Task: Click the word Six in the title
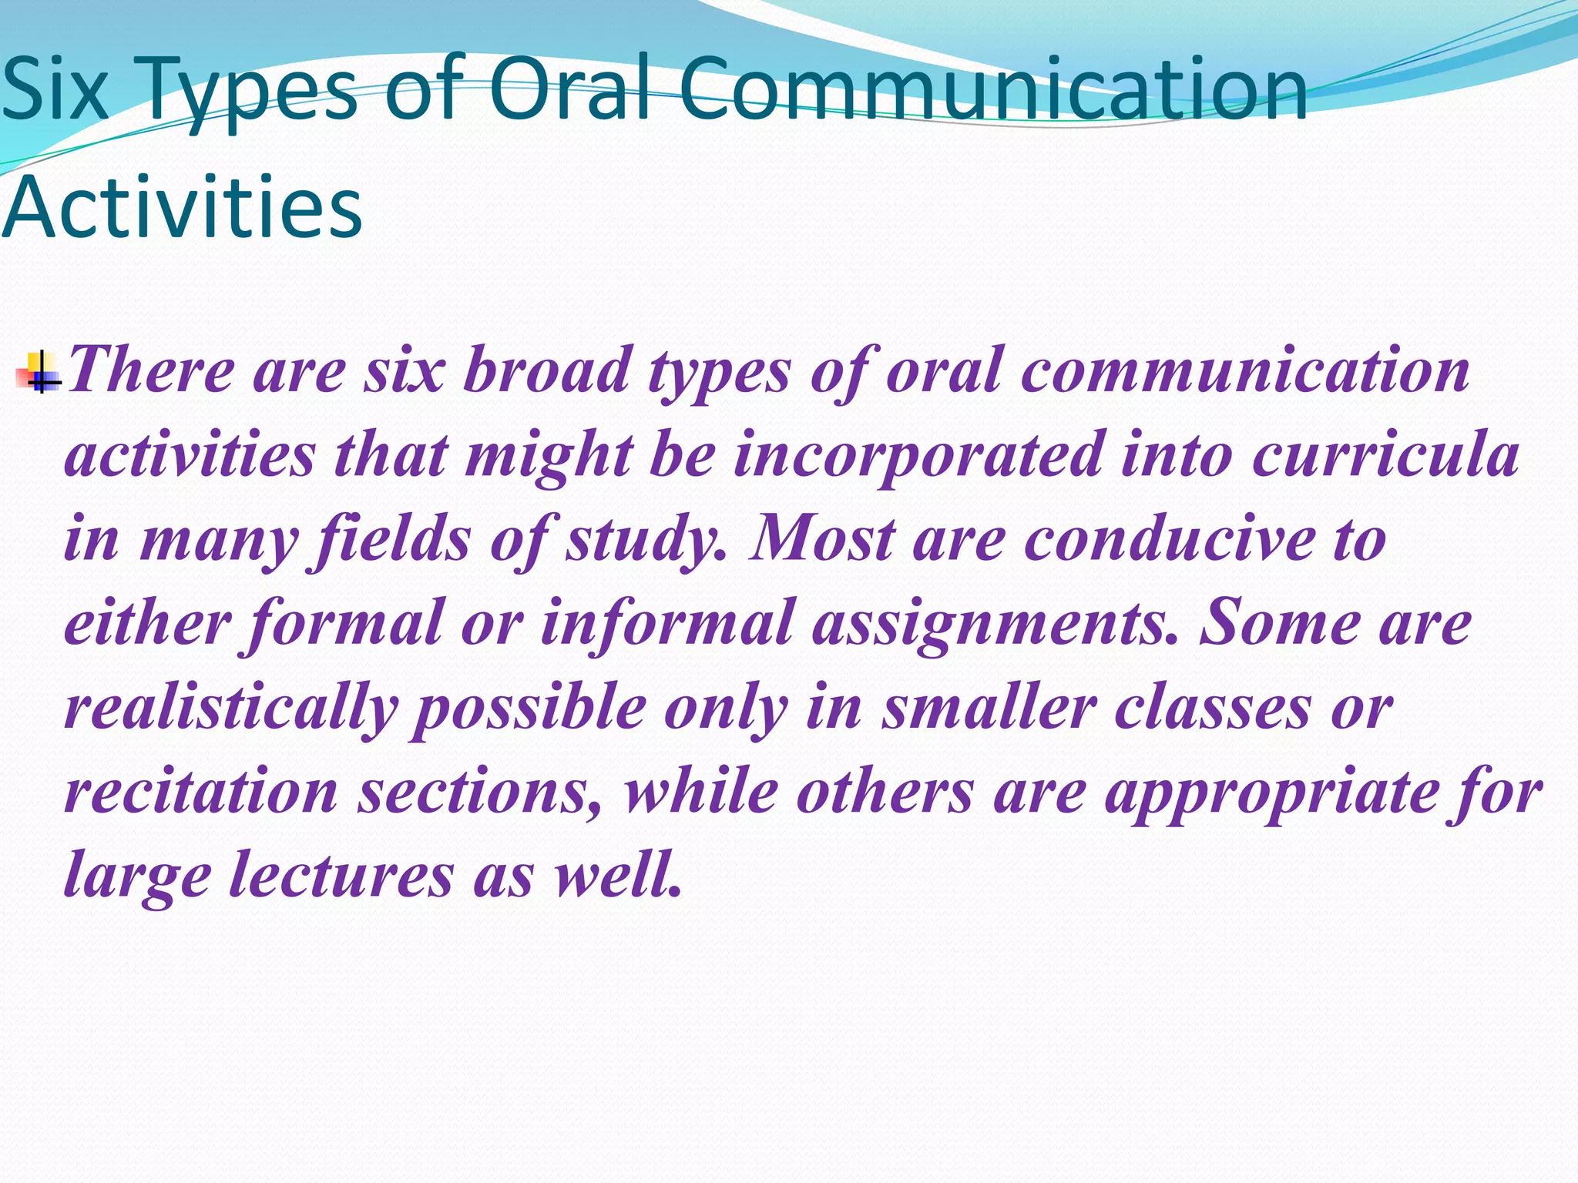click(x=54, y=90)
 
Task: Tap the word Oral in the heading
click(x=570, y=90)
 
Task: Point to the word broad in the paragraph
click(x=546, y=371)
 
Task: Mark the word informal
click(x=666, y=623)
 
